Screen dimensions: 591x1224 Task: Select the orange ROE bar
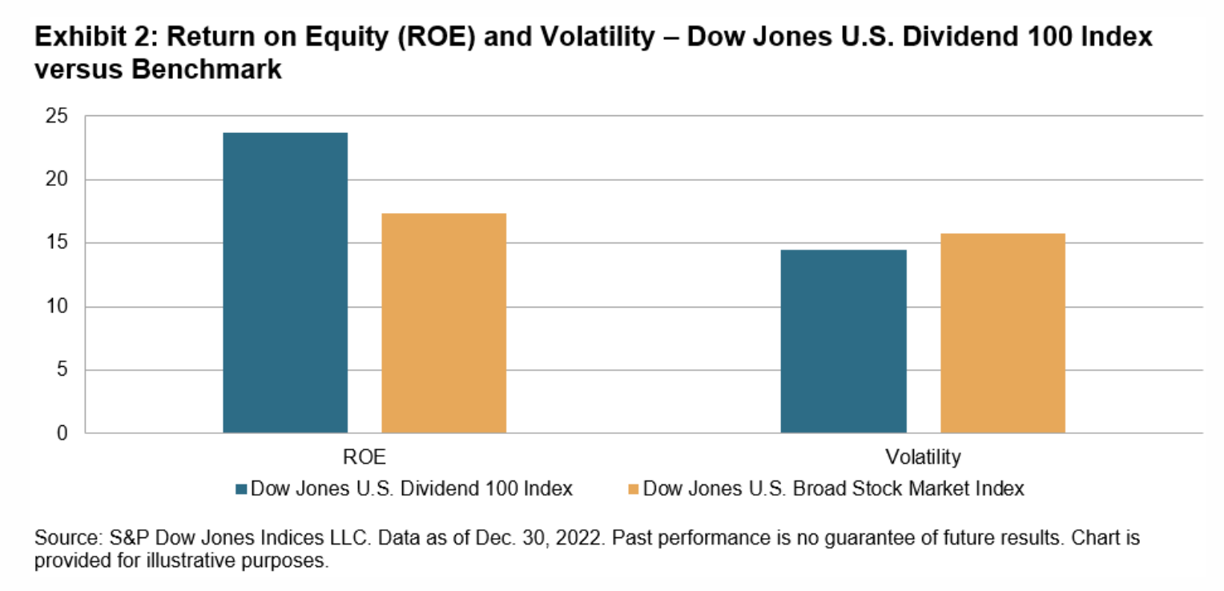tap(444, 324)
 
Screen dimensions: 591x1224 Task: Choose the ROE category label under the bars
tap(364, 457)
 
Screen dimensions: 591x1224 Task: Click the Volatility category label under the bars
tap(923, 457)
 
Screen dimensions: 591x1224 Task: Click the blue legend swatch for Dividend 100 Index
tap(242, 488)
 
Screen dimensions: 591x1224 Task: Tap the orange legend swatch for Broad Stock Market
tap(634, 488)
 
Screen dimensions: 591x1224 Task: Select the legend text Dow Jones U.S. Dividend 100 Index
tap(412, 488)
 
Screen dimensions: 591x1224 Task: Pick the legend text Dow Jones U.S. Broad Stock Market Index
tap(833, 488)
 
